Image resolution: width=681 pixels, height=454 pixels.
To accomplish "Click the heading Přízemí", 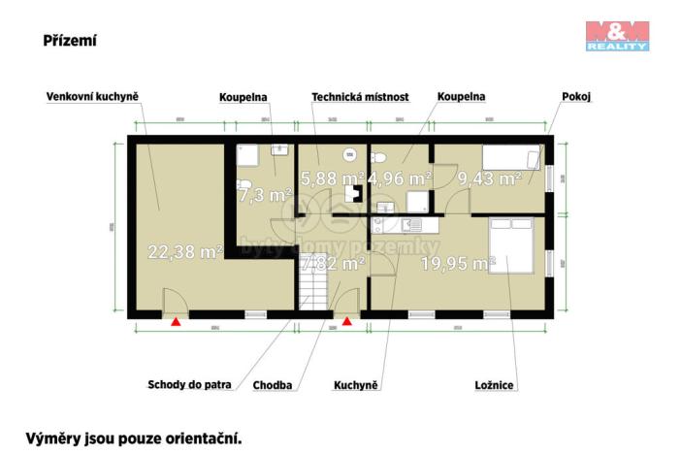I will pyautogui.click(x=69, y=41).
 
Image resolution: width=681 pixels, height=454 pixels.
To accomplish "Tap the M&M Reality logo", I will pyautogui.click(x=617, y=35).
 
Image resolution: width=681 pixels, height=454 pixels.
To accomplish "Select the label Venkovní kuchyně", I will pyautogui.click(x=93, y=97).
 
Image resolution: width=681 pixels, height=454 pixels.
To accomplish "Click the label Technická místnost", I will pyautogui.click(x=360, y=97).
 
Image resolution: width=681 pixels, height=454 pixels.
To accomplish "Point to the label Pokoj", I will pyautogui.click(x=576, y=97).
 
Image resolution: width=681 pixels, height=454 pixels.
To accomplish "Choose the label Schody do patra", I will pyautogui.click(x=190, y=384).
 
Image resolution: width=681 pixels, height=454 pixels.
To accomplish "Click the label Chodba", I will pyautogui.click(x=273, y=385).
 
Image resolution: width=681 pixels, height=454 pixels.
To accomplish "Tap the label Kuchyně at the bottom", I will pyautogui.click(x=355, y=385).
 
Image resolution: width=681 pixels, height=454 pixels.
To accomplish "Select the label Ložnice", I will pyautogui.click(x=494, y=385).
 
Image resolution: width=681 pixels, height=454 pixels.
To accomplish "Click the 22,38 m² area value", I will pyautogui.click(x=185, y=251).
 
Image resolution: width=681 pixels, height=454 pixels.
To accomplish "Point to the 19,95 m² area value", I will pyautogui.click(x=458, y=262).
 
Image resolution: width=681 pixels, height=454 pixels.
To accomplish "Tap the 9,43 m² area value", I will pyautogui.click(x=490, y=178).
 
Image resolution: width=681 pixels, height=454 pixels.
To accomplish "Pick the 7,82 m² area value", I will pyautogui.click(x=333, y=262).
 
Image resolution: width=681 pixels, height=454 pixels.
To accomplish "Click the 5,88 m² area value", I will pyautogui.click(x=332, y=178).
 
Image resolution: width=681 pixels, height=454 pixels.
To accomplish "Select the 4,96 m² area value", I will pyautogui.click(x=400, y=178).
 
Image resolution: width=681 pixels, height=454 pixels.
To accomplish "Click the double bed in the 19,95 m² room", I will pyautogui.click(x=510, y=245).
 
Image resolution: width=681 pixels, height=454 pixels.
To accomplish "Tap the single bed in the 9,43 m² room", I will pyautogui.click(x=511, y=158).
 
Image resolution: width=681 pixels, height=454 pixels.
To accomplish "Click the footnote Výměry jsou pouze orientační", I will pyautogui.click(x=133, y=438).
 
